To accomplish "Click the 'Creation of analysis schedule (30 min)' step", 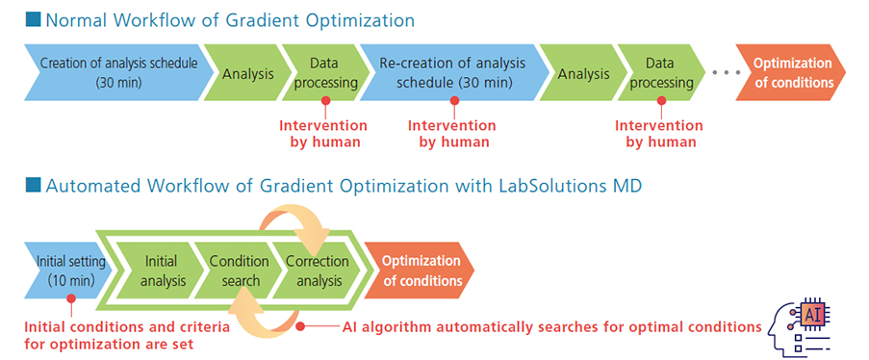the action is pos(118,72).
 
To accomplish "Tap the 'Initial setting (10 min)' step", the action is pos(67,270).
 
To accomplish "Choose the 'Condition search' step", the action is pos(240,270).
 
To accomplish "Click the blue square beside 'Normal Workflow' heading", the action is pos(34,20).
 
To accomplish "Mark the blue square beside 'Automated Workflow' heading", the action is pos(34,185).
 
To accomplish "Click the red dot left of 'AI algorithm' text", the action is pos(300,326).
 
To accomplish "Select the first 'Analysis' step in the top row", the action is pos(247,72).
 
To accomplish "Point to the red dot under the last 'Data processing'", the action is pos(661,101).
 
